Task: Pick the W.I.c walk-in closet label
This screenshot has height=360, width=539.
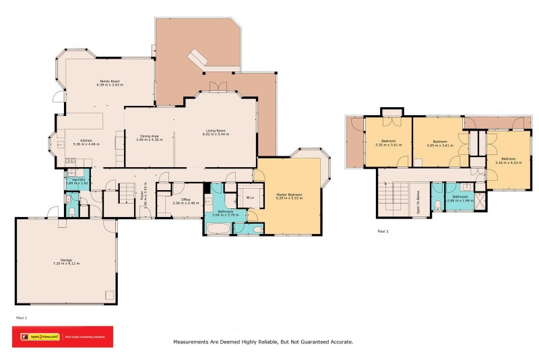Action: coord(249,198)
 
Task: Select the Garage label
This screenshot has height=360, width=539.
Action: coord(66,260)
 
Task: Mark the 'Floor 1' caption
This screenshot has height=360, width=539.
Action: coord(22,316)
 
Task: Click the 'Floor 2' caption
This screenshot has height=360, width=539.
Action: coord(383,231)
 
